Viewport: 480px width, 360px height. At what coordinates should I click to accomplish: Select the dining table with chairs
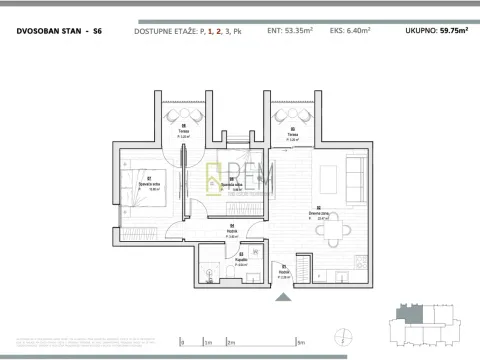pyautogui.click(x=340, y=229)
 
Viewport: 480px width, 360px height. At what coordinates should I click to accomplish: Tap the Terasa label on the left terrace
pyautogui.click(x=185, y=133)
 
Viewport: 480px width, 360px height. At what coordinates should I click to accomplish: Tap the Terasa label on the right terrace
pyautogui.click(x=291, y=135)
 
